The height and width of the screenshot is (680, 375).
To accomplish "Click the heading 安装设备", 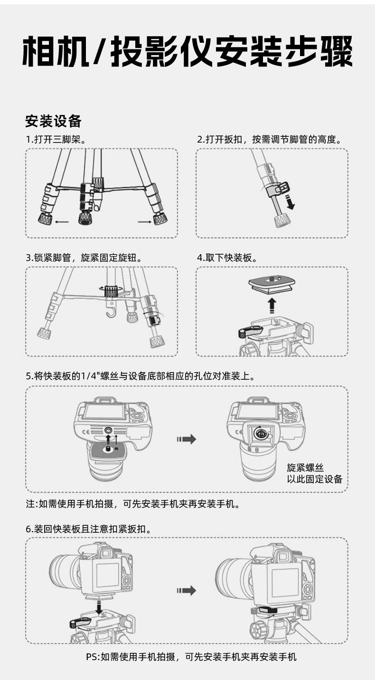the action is click(53, 121).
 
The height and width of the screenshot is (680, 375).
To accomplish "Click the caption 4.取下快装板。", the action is click(227, 258).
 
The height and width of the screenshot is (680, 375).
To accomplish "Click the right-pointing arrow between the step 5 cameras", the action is click(187, 439).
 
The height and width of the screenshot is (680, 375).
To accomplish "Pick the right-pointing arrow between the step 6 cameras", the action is click(187, 591).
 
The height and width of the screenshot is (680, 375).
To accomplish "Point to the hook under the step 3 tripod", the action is click(111, 312).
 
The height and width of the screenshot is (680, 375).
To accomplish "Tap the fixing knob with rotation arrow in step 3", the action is click(111, 290).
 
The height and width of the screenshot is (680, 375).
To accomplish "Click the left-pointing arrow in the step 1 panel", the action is click(62, 221).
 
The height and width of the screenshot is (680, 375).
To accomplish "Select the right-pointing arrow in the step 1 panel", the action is click(144, 221).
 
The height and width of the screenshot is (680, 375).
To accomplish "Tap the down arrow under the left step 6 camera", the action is click(99, 606).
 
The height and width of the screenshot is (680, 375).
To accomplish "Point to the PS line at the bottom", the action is click(191, 657).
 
